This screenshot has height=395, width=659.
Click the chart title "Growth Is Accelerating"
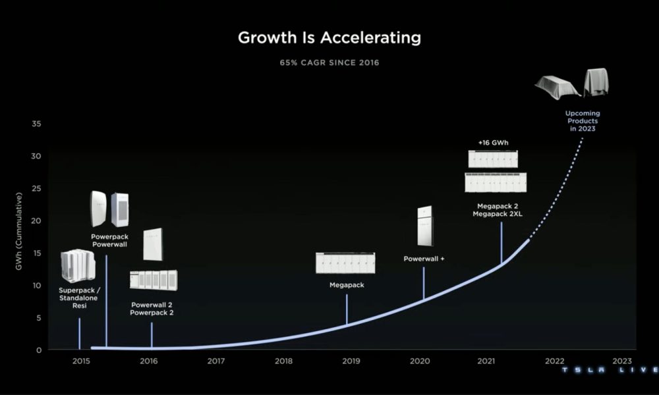(x=329, y=38)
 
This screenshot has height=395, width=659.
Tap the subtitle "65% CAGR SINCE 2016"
(x=329, y=63)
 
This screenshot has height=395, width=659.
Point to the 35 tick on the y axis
(x=36, y=124)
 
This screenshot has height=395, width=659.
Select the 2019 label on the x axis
(x=351, y=361)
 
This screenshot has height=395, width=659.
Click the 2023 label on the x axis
(x=622, y=361)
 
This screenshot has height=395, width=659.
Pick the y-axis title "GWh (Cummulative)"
(x=18, y=231)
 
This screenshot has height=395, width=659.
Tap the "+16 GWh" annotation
(x=493, y=143)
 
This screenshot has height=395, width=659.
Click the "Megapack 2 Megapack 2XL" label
(x=498, y=210)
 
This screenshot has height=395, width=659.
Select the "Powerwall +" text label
(x=424, y=259)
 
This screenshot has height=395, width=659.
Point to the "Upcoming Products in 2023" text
(x=583, y=121)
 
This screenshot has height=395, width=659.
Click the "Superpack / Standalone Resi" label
(x=79, y=298)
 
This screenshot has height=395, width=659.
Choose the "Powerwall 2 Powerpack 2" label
(x=152, y=309)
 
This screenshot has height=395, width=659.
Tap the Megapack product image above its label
(x=345, y=263)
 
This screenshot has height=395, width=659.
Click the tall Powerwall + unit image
(x=424, y=226)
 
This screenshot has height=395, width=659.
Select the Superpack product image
(x=78, y=266)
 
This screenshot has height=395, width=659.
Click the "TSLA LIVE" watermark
(x=610, y=370)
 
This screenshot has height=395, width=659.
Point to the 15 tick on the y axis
(x=36, y=253)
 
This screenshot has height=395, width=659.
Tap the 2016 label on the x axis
(x=149, y=361)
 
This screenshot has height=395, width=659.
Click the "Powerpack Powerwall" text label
(x=109, y=240)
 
